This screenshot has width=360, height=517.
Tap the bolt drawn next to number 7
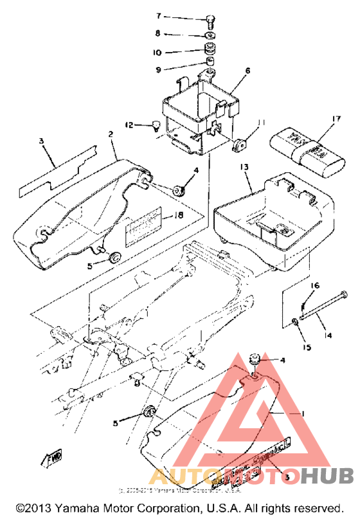tap(210, 19)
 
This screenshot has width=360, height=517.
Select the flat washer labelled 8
tap(210, 35)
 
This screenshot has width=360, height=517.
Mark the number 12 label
tap(128, 125)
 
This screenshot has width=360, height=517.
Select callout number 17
tap(335, 118)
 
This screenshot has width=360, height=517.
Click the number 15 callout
tap(307, 347)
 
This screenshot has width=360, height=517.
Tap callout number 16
tap(316, 285)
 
